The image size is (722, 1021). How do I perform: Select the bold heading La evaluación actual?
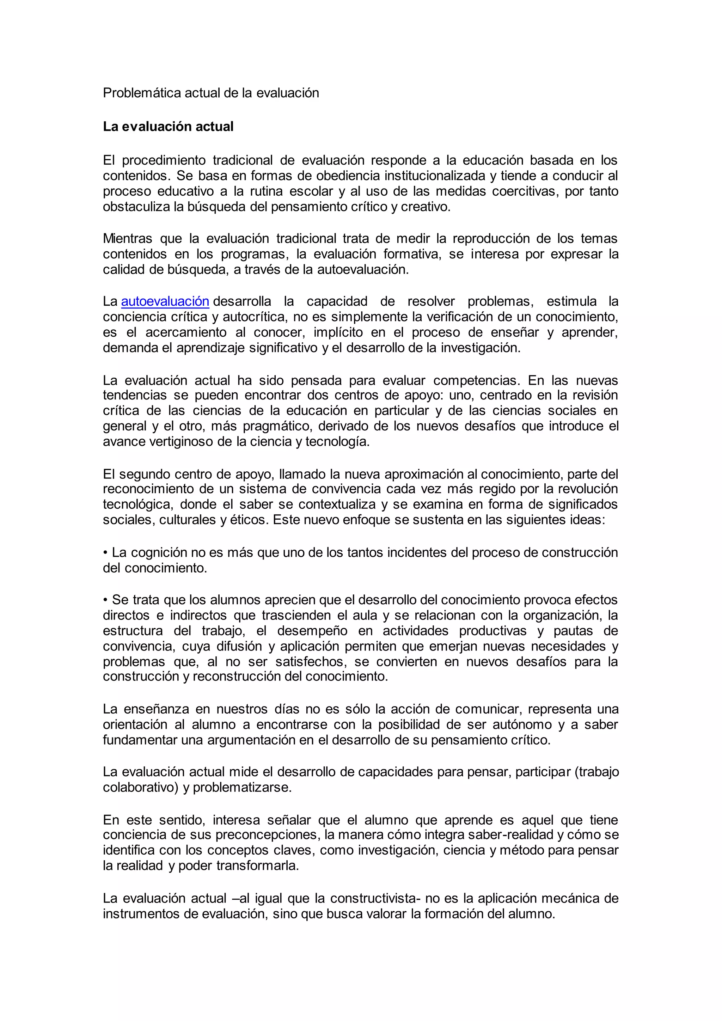(168, 127)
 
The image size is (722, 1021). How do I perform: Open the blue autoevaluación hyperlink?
(165, 301)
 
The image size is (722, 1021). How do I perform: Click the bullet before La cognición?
(105, 553)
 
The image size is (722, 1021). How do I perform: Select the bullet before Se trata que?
(105, 600)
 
